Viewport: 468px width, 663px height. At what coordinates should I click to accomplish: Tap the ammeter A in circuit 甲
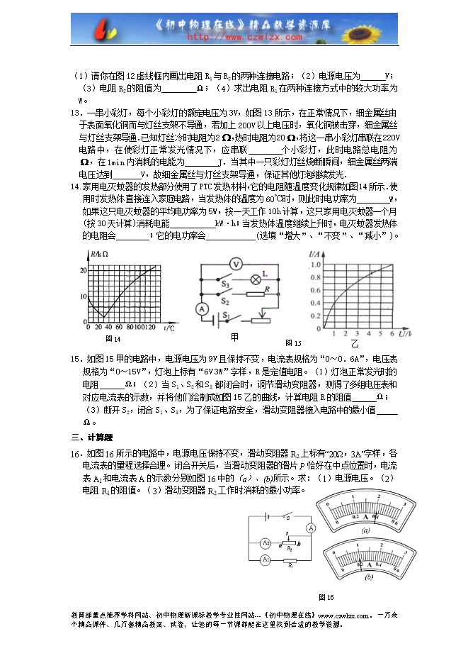(200, 309)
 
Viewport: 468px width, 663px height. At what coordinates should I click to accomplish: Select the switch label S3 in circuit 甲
(224, 283)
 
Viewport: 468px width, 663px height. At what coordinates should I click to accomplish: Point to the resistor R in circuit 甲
(254, 294)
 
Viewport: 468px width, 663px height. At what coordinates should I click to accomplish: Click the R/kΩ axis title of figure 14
(98, 254)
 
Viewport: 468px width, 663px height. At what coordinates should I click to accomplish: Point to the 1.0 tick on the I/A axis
(316, 264)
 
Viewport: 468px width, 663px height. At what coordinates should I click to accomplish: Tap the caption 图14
(113, 339)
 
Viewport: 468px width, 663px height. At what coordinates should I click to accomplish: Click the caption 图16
(326, 596)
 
